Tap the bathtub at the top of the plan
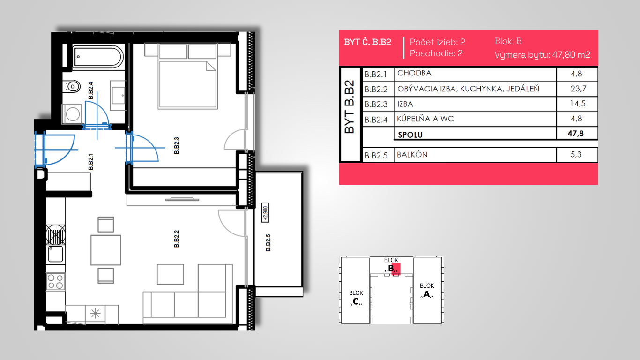point(98,57)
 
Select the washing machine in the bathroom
point(72,114)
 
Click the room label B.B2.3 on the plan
point(176,145)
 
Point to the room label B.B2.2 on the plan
point(176,239)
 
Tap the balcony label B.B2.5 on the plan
point(268,243)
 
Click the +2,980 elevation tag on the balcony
point(265,212)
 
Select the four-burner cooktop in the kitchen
point(56,282)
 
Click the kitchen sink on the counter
point(56,255)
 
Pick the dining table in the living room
point(106,250)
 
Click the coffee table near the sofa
point(170,274)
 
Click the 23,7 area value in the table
point(578,89)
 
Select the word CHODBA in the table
point(414,73)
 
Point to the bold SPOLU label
point(410,135)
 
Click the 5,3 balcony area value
point(576,154)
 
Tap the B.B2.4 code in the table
point(376,120)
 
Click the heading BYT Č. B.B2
point(367,42)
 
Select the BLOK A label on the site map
point(427,291)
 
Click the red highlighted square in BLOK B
point(396,269)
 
